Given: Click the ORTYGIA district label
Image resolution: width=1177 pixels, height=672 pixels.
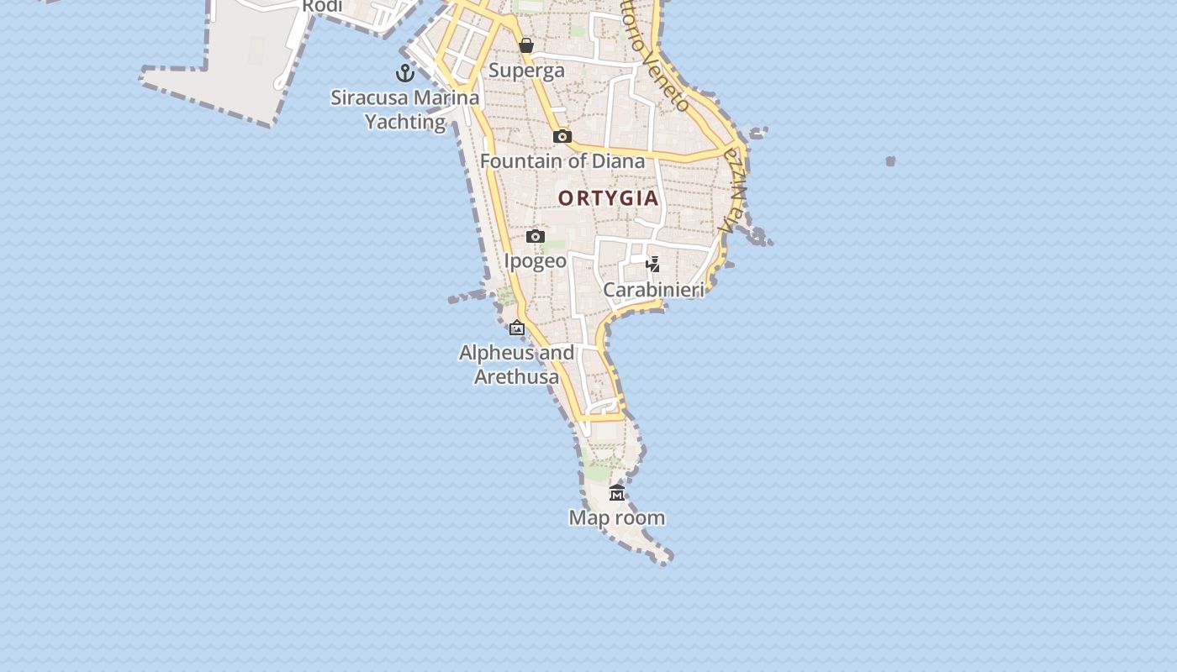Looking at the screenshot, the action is tap(608, 199).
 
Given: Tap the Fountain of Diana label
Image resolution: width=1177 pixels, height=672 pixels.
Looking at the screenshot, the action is tap(562, 160).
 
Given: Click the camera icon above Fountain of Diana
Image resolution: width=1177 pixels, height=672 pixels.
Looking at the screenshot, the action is tap(562, 136).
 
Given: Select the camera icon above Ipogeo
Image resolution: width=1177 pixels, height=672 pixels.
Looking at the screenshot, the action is tap(536, 236).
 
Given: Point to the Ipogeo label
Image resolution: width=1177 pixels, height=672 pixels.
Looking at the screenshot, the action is tap(536, 260).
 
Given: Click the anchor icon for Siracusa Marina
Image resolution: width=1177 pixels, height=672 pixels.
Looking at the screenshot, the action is tap(405, 73).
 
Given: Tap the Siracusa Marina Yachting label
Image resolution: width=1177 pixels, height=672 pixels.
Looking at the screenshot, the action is tap(405, 109).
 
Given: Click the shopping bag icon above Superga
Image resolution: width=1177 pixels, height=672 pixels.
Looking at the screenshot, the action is tap(526, 45).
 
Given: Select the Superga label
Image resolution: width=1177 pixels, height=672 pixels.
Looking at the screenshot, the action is tap(526, 71).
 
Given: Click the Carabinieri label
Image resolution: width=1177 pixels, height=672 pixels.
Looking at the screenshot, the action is tap(653, 290).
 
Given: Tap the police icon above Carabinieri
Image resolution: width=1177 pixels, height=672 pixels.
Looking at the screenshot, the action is tap(652, 265).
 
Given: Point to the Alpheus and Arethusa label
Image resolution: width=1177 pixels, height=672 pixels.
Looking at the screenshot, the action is tap(517, 365).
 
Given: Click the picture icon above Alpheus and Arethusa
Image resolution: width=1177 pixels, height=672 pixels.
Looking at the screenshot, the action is tap(517, 328).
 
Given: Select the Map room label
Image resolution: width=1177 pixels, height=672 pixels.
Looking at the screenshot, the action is tap(617, 517).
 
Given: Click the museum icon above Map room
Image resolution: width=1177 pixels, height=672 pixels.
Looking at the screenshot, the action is tap(617, 492).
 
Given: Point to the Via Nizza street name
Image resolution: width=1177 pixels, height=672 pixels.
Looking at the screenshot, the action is tap(733, 192).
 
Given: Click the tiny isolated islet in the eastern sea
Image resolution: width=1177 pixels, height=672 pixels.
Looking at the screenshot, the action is tap(890, 160).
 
